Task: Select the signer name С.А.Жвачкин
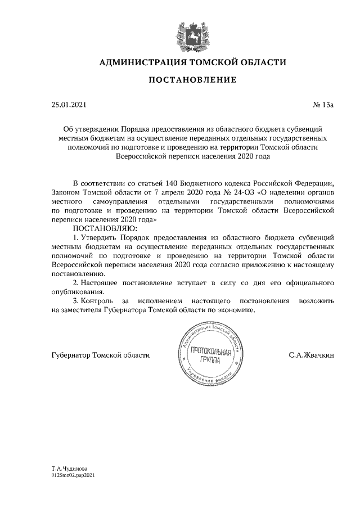(311, 355)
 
